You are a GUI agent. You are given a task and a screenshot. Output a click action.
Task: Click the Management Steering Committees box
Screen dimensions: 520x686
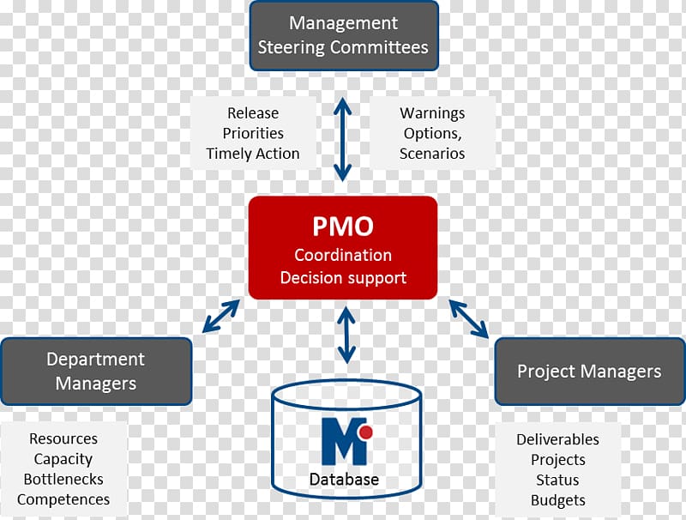click(x=343, y=35)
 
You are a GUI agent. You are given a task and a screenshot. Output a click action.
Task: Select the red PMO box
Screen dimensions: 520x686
click(x=343, y=247)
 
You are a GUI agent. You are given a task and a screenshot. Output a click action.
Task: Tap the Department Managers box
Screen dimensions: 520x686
click(x=95, y=371)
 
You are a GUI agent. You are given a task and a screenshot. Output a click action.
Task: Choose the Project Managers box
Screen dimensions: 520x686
click(x=589, y=372)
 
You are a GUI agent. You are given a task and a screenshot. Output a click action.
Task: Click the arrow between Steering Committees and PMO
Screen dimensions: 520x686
click(x=343, y=139)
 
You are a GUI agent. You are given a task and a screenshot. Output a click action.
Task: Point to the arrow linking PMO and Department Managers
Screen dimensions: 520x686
click(x=220, y=316)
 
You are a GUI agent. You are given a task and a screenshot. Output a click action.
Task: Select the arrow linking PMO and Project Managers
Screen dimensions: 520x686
click(x=467, y=317)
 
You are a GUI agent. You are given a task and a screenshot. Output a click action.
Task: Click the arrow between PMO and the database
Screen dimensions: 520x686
click(x=346, y=336)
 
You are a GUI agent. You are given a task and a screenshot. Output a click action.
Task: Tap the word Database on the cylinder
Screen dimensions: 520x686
click(x=344, y=479)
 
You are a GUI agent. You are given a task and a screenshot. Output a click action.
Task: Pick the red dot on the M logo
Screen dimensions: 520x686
click(x=364, y=432)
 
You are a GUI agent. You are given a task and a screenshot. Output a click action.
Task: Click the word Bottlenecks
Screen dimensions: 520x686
click(x=63, y=480)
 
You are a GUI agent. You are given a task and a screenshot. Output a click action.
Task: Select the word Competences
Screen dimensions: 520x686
click(x=63, y=499)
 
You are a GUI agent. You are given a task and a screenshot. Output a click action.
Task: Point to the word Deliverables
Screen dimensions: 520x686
click(x=557, y=439)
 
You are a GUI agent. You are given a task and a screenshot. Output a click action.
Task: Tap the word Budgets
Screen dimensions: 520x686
click(x=557, y=500)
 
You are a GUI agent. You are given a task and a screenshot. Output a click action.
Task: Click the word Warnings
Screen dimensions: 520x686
click(x=432, y=113)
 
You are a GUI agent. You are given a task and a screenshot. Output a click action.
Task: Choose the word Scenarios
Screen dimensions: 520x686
click(x=432, y=154)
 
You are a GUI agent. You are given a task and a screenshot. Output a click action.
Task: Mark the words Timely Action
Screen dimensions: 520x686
click(x=253, y=154)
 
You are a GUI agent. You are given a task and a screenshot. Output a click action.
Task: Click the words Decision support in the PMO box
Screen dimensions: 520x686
click(x=343, y=277)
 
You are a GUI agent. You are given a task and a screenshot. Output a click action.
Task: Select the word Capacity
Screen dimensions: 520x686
click(x=63, y=459)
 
